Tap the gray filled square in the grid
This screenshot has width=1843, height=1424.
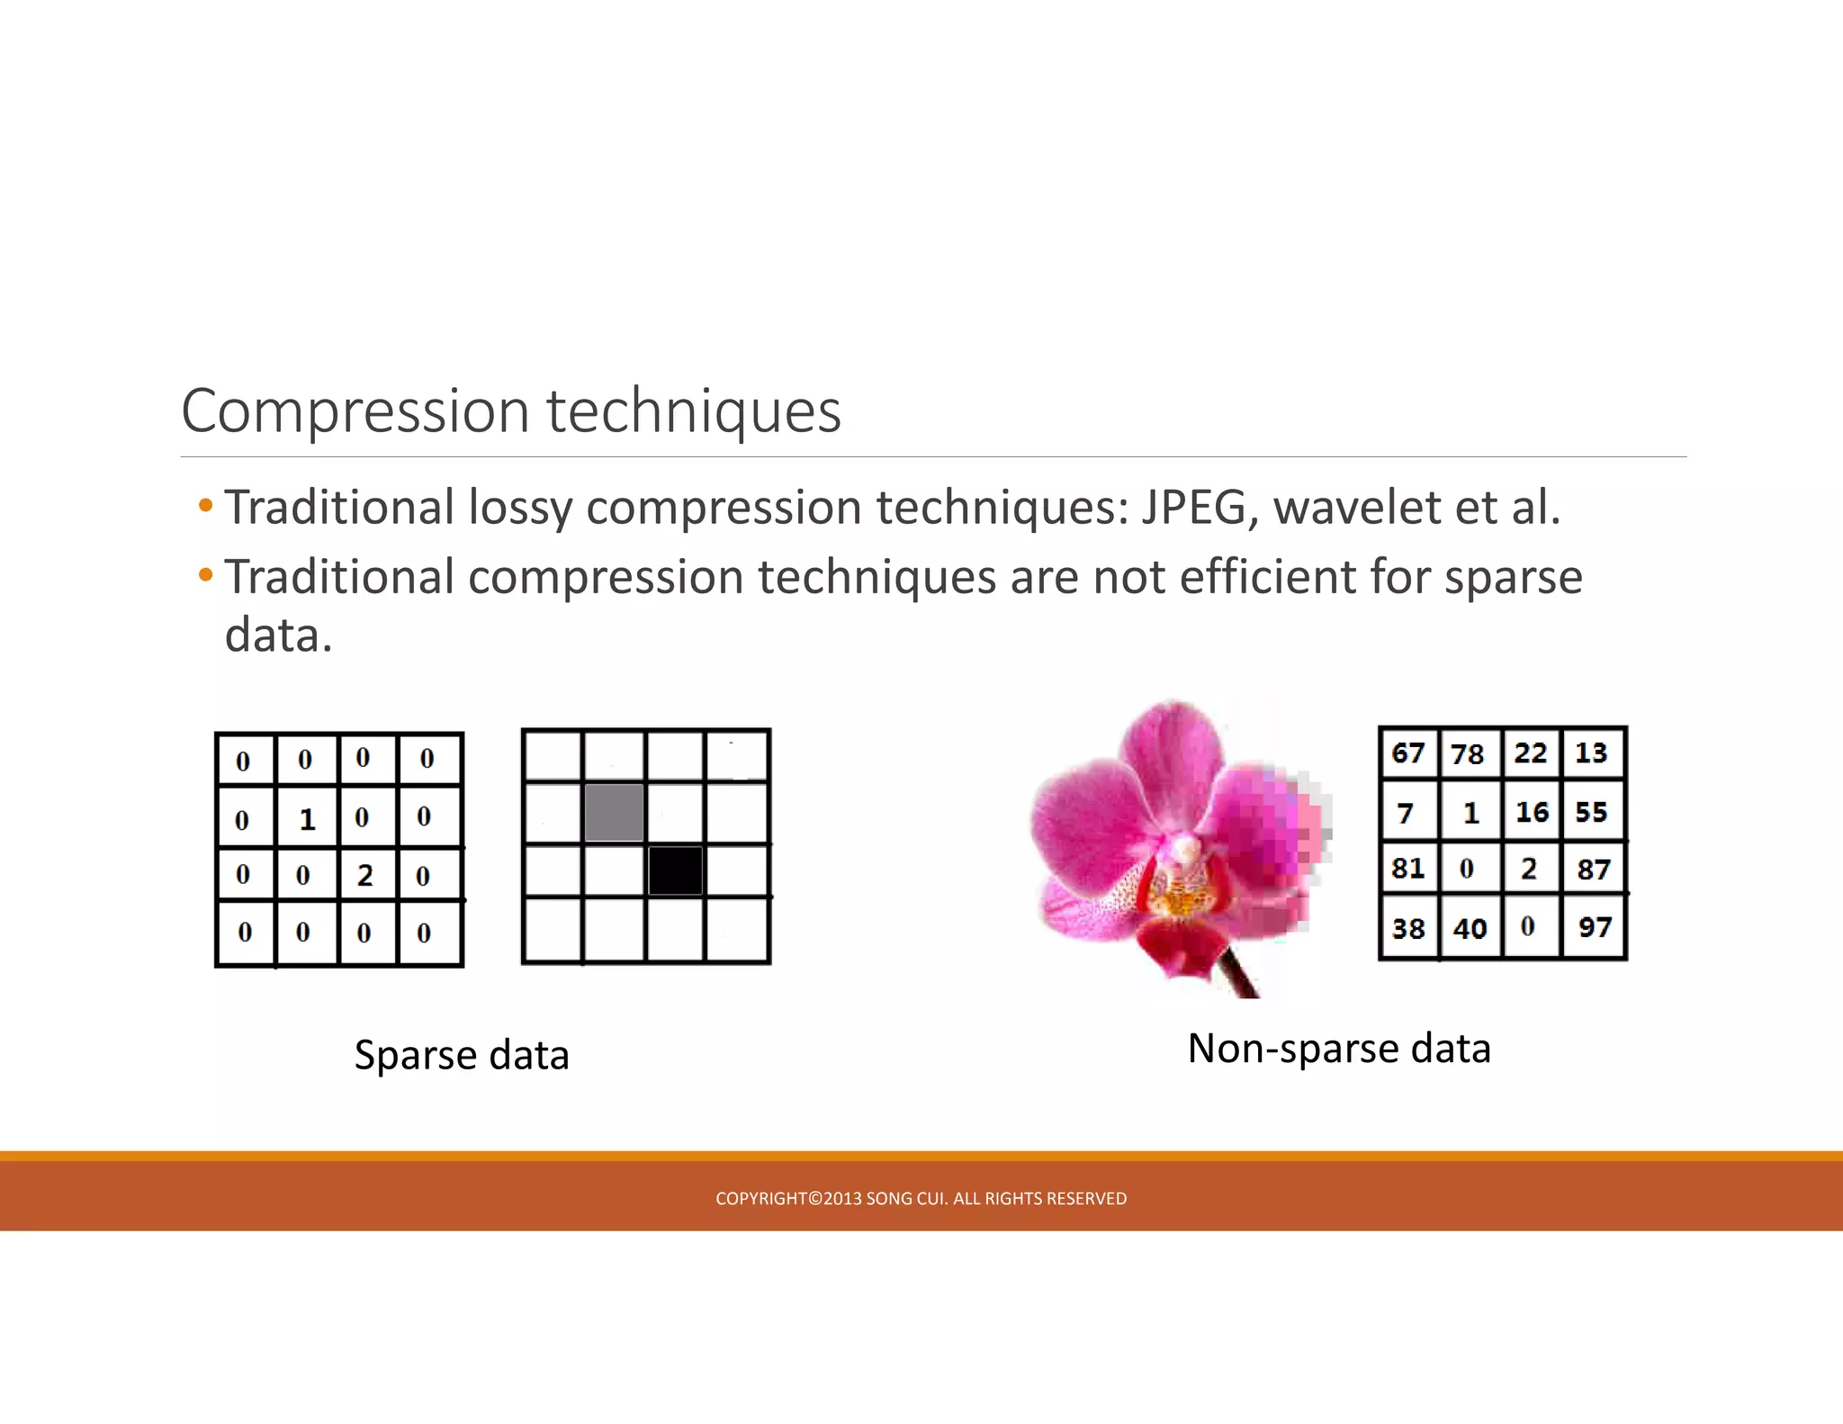pyautogui.click(x=615, y=813)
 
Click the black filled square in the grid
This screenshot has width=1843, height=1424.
pyautogui.click(x=675, y=870)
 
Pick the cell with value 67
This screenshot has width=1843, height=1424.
pyautogui.click(x=1408, y=753)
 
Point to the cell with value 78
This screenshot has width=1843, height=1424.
pyautogui.click(x=1468, y=753)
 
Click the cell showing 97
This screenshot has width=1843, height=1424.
pyautogui.click(x=1595, y=927)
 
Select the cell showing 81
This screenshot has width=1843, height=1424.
pyautogui.click(x=1408, y=869)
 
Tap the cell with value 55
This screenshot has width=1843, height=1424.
pyautogui.click(x=1591, y=812)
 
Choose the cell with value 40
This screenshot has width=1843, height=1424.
pyautogui.click(x=1470, y=928)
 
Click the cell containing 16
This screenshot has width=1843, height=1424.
pyautogui.click(x=1532, y=812)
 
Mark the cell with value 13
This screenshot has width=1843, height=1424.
pyautogui.click(x=1591, y=753)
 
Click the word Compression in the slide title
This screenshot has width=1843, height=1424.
pyautogui.click(x=355, y=411)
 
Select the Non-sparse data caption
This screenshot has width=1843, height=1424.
pyautogui.click(x=1339, y=1049)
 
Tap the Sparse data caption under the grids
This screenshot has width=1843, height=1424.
pyautogui.click(x=462, y=1055)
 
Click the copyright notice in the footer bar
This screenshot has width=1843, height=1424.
pyautogui.click(x=921, y=1198)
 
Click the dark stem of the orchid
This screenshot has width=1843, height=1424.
pyautogui.click(x=1241, y=977)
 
